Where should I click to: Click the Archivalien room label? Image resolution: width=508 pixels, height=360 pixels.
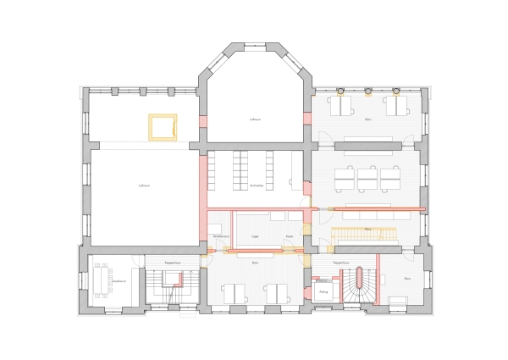click(257, 186)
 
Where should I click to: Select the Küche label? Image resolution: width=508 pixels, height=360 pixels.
click(290, 235)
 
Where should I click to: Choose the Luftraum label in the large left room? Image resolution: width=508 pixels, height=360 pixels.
click(143, 185)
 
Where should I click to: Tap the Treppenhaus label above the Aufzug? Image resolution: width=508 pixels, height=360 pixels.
click(342, 263)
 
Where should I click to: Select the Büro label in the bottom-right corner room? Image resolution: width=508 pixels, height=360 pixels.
click(407, 279)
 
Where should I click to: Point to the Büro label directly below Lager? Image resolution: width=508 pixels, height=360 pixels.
click(255, 263)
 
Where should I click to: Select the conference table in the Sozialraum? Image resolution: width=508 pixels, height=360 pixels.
click(104, 280)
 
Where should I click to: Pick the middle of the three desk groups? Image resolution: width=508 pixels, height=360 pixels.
click(367, 179)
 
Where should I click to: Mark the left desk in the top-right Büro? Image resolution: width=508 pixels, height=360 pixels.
click(343, 107)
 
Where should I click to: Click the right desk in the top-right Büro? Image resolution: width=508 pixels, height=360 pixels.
click(396, 107)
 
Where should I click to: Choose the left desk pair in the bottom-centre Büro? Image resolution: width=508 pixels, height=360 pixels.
click(235, 293)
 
